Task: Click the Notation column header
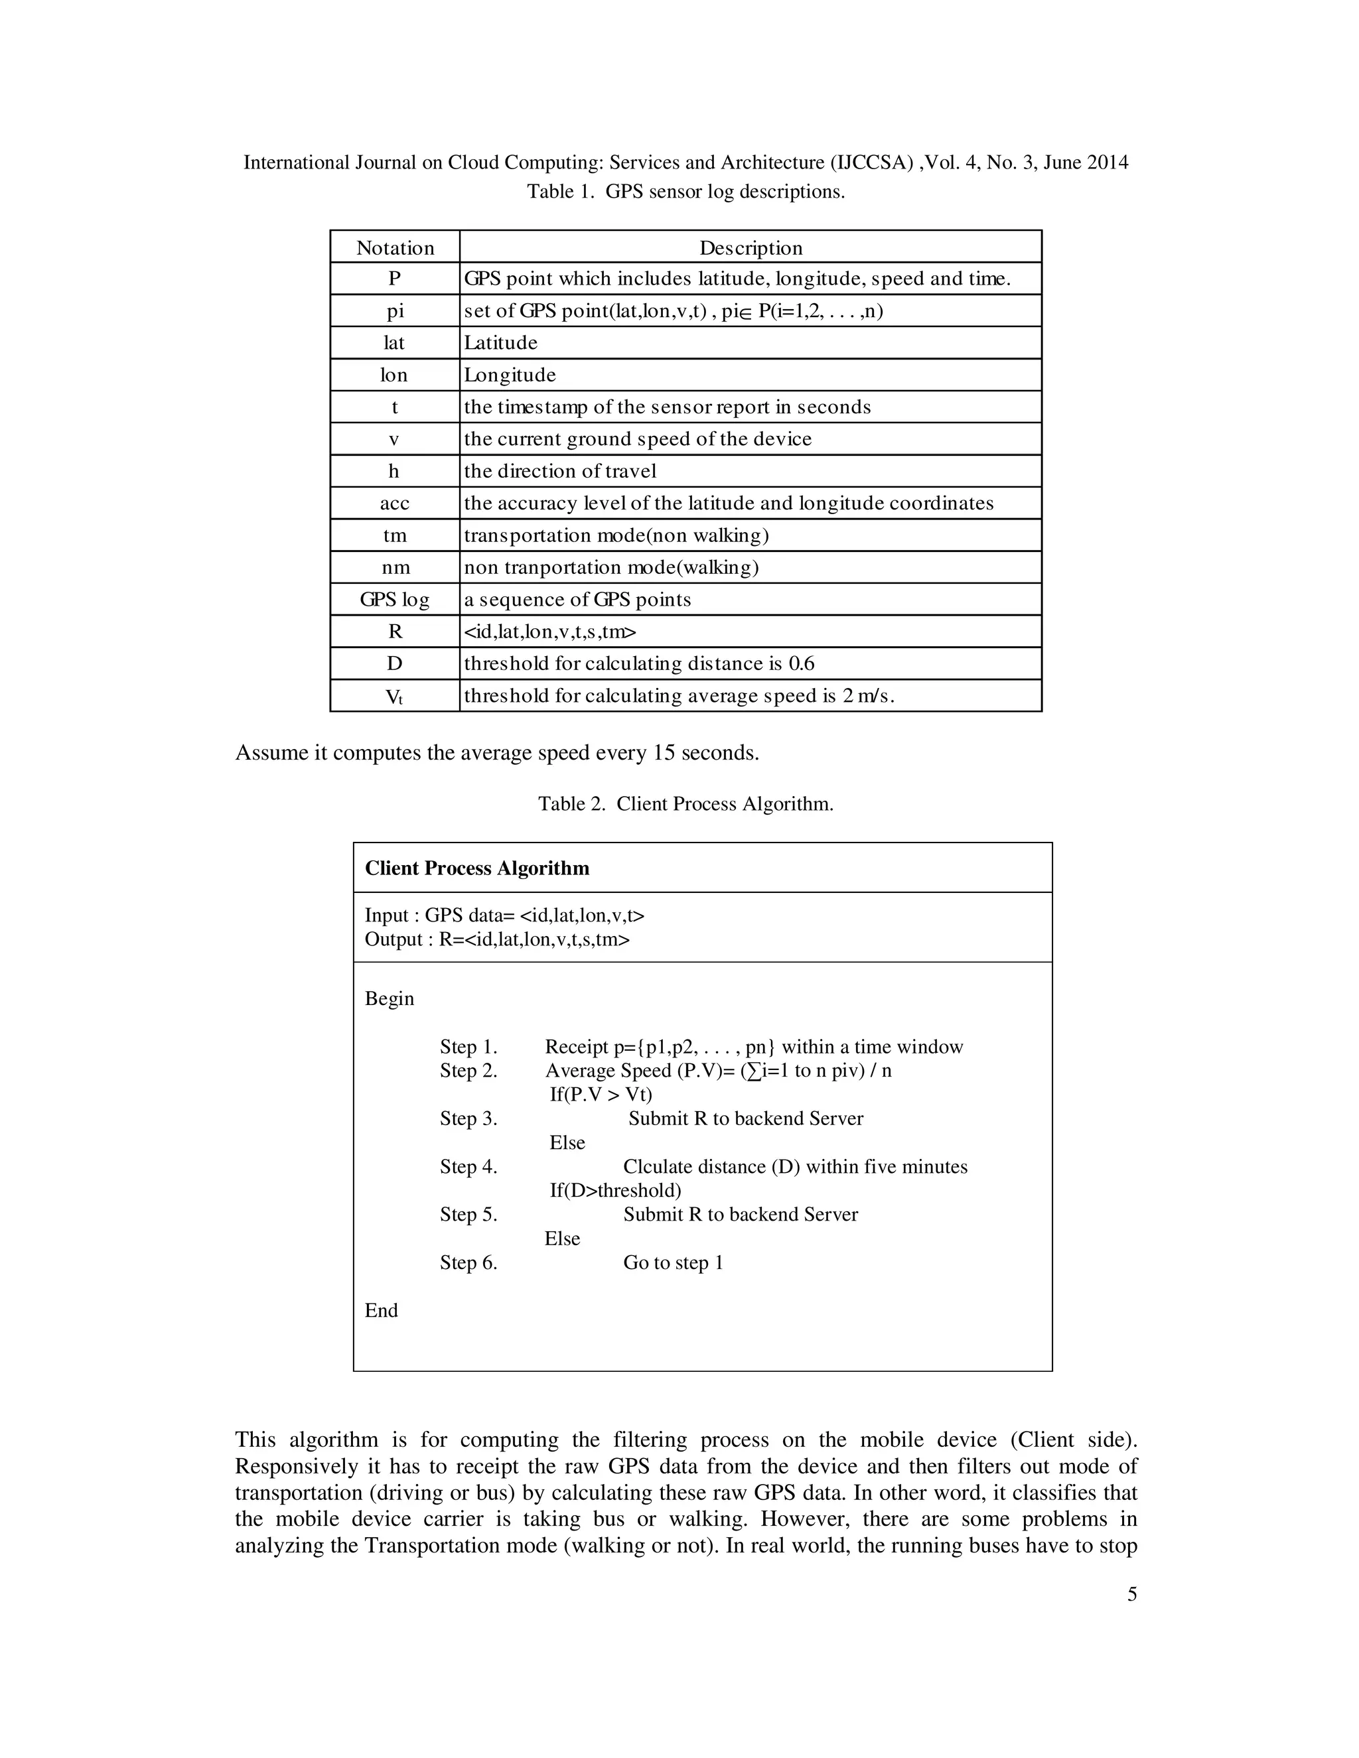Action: pyautogui.click(x=395, y=248)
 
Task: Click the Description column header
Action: pyautogui.click(x=750, y=248)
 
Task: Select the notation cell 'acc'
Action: pyautogui.click(x=395, y=503)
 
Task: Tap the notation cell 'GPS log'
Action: pyautogui.click(x=395, y=600)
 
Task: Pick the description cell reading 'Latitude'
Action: pyautogui.click(x=500, y=343)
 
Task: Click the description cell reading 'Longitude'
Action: pyautogui.click(x=509, y=375)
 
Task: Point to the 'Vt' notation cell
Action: pyautogui.click(x=395, y=697)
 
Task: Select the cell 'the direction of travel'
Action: pyautogui.click(x=559, y=471)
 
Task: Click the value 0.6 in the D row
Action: pyautogui.click(x=801, y=664)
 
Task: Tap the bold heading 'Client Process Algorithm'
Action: pyautogui.click(x=476, y=868)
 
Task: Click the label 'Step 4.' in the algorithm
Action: pyautogui.click(x=468, y=1166)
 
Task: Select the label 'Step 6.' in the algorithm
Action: pyautogui.click(x=468, y=1262)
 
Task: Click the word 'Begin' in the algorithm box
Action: pyautogui.click(x=389, y=998)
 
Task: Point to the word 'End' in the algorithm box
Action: pyautogui.click(x=381, y=1310)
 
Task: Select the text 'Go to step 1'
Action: pyautogui.click(x=672, y=1262)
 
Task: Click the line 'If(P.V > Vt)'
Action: pyautogui.click(x=601, y=1094)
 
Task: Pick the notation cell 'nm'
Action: pyautogui.click(x=395, y=567)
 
